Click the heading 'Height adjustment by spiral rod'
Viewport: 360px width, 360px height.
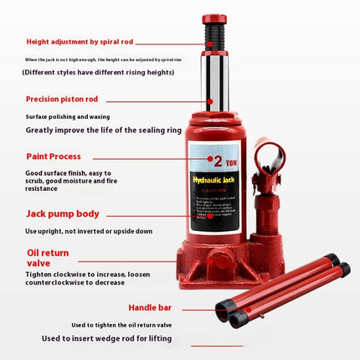80,41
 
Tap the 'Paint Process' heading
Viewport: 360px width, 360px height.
53,156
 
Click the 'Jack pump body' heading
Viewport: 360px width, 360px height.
64,213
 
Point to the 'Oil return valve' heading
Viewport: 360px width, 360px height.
50,257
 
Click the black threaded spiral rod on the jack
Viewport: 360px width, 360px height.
216,37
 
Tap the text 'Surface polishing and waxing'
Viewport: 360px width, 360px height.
67,116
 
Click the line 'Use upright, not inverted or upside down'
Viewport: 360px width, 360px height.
89,230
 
